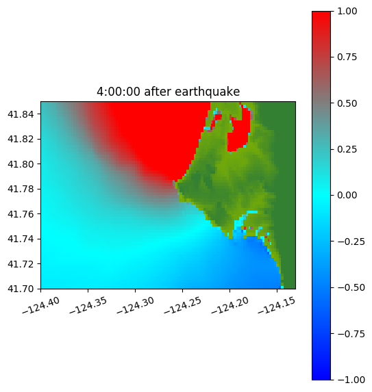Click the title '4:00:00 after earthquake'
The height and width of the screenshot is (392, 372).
(169, 92)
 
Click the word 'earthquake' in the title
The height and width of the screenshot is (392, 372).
(208, 92)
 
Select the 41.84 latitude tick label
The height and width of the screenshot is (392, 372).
(21, 114)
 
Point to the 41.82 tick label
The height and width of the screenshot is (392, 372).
(21, 139)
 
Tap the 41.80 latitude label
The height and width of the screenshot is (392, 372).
(21, 164)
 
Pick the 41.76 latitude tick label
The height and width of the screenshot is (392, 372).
(21, 214)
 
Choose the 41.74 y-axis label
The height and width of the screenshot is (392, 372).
(21, 239)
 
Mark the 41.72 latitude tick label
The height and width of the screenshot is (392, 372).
(21, 264)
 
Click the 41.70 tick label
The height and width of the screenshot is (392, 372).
(21, 289)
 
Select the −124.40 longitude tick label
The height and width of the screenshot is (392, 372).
(41, 305)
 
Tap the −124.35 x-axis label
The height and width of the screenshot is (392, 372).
(88, 305)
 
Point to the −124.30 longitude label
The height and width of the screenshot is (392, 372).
(135, 305)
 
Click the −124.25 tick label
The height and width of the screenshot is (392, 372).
(182, 305)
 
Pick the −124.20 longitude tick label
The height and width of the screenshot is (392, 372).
(230, 305)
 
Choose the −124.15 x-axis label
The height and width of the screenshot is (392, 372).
(277, 305)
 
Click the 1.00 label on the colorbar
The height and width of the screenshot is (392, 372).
(347, 11)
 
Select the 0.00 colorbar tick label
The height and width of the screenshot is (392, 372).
(347, 195)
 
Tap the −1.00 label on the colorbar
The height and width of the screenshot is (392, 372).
(351, 380)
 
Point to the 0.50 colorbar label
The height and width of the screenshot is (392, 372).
(347, 103)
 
